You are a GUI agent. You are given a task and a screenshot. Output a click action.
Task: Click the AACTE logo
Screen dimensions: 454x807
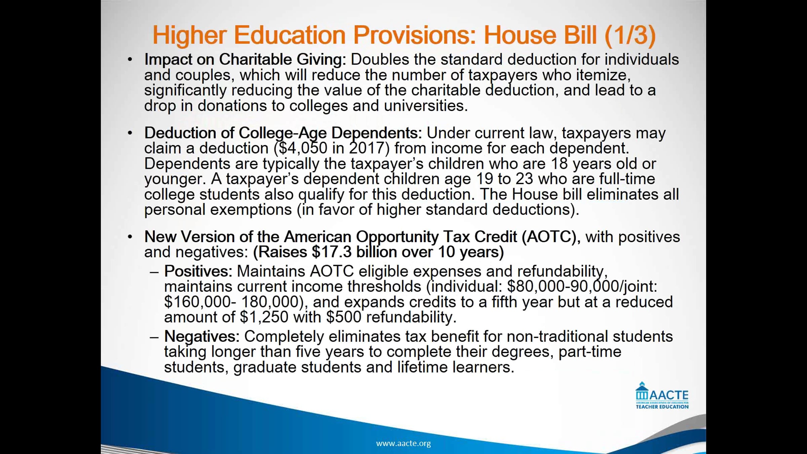point(662,396)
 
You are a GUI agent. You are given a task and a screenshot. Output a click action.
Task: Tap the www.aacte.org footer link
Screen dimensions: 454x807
point(403,443)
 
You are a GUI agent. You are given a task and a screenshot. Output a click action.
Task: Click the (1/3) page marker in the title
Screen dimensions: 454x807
point(630,35)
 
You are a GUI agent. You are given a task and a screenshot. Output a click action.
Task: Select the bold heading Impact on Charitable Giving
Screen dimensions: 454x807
point(245,60)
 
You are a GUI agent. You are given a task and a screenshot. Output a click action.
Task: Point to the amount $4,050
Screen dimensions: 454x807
point(301,148)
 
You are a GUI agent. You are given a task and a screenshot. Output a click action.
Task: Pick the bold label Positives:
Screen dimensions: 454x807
point(198,271)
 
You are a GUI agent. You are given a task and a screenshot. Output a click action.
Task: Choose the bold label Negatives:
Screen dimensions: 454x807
point(202,336)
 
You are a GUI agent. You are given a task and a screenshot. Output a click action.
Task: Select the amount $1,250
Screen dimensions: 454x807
point(264,317)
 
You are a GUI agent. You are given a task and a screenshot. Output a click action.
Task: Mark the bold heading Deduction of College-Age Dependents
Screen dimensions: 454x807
point(283,133)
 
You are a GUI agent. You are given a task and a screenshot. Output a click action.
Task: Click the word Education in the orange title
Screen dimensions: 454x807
point(290,35)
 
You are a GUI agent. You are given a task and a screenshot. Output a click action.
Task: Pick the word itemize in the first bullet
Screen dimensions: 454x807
point(603,75)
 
